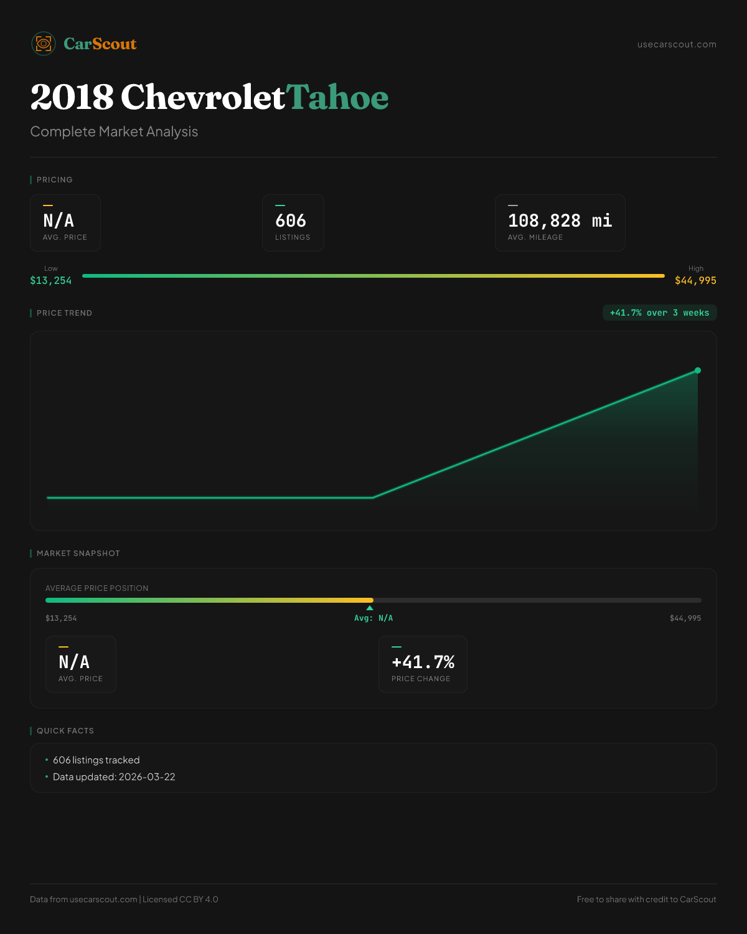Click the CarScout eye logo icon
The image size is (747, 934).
pyautogui.click(x=44, y=44)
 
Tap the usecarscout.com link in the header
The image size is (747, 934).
pyautogui.click(x=677, y=44)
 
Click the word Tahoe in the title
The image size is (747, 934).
pyautogui.click(x=337, y=97)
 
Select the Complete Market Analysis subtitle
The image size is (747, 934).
pyautogui.click(x=114, y=132)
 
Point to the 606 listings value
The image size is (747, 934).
pyautogui.click(x=291, y=220)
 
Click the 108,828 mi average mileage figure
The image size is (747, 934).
pyautogui.click(x=560, y=220)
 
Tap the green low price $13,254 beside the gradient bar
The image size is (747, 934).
pyautogui.click(x=51, y=281)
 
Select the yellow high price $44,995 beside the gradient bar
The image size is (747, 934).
pyautogui.click(x=695, y=281)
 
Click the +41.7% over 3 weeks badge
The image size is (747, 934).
pyautogui.click(x=659, y=313)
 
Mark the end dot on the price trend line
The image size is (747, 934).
pyautogui.click(x=698, y=370)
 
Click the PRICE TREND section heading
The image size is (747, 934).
pyautogui.click(x=64, y=313)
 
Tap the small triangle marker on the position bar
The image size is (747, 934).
pyautogui.click(x=370, y=608)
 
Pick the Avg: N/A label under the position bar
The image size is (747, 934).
pyautogui.click(x=374, y=618)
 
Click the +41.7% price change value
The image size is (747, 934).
pyautogui.click(x=423, y=662)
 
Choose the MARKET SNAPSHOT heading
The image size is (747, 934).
pyautogui.click(x=78, y=554)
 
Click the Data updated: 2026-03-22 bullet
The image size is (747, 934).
pyautogui.click(x=114, y=777)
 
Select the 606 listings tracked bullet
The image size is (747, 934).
pyautogui.click(x=96, y=760)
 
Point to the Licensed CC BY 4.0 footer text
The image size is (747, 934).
pyautogui.click(x=181, y=899)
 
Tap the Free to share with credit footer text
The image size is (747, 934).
pyautogui.click(x=646, y=899)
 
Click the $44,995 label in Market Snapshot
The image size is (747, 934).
pyautogui.click(x=685, y=618)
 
